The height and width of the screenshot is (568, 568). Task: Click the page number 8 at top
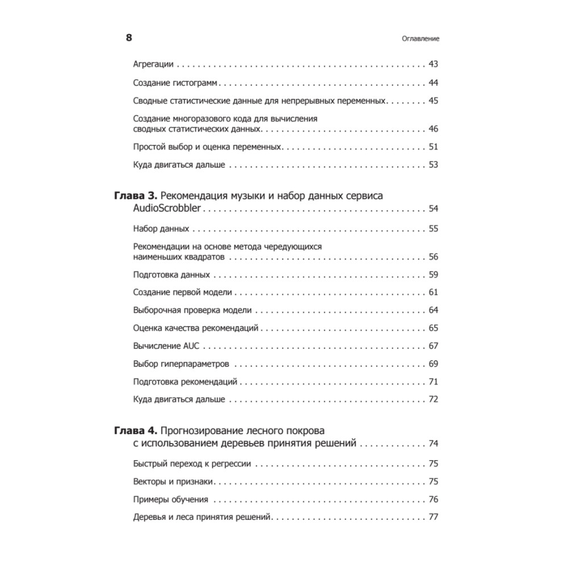coord(129,38)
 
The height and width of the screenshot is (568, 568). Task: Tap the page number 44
coord(433,83)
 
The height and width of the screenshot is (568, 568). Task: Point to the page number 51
coord(433,147)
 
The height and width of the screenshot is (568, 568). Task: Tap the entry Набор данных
coord(161,229)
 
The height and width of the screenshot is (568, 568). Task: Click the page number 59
coord(433,275)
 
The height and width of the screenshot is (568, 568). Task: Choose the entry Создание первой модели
coord(182,293)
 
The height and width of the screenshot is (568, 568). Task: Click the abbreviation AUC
coord(192,346)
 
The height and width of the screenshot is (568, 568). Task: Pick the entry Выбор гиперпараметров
coord(181,364)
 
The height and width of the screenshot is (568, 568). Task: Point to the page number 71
coord(433,381)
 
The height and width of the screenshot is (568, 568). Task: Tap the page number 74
coord(433,444)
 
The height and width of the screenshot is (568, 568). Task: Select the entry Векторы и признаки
coord(173,482)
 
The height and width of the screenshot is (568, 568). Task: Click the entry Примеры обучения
coord(170,500)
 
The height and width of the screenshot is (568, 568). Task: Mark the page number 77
coord(433,517)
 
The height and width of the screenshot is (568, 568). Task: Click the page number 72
coord(433,399)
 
